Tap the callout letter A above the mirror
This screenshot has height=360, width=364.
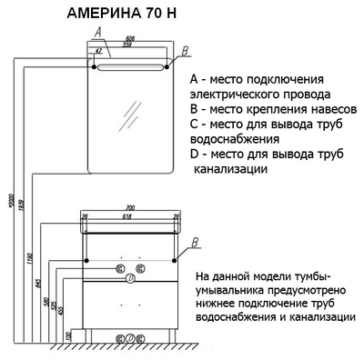click(96, 33)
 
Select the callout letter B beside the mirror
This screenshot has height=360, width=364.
click(185, 50)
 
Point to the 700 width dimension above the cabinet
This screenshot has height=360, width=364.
click(128, 207)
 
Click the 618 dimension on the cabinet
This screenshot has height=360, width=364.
click(128, 216)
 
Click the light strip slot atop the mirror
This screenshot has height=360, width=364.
click(133, 68)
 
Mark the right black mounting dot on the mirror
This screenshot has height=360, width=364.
click(170, 65)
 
